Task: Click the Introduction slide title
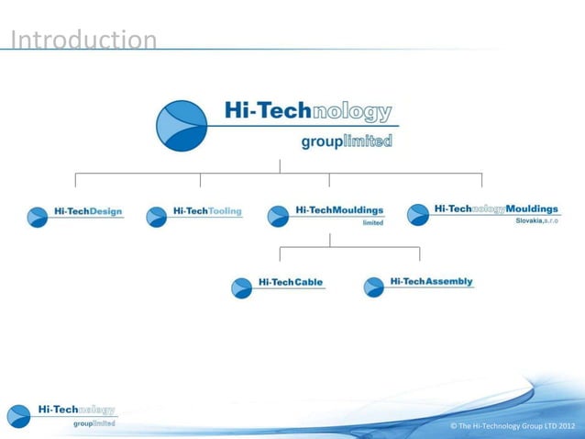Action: coord(83,40)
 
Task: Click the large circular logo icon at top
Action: coord(182,126)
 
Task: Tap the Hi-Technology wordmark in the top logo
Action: coord(308,112)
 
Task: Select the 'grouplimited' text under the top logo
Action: coord(347,141)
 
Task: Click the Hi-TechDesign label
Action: coord(88,212)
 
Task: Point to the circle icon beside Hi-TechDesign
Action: coord(38,217)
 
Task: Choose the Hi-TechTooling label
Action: coord(207,211)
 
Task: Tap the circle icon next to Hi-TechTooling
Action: coord(157,217)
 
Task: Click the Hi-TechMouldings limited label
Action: coord(339,210)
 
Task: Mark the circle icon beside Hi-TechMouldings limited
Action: coord(278,217)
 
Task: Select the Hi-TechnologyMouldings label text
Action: coord(496,209)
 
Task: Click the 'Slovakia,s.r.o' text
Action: coord(536,221)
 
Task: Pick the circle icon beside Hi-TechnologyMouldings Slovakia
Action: coord(417,215)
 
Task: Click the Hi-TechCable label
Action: coord(291,282)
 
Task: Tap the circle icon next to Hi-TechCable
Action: coord(241,287)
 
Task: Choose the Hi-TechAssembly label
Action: coord(432,281)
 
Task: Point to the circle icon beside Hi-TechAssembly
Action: coord(373,287)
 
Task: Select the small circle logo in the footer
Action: coord(19,415)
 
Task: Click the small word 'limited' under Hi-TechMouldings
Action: coord(373,222)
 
